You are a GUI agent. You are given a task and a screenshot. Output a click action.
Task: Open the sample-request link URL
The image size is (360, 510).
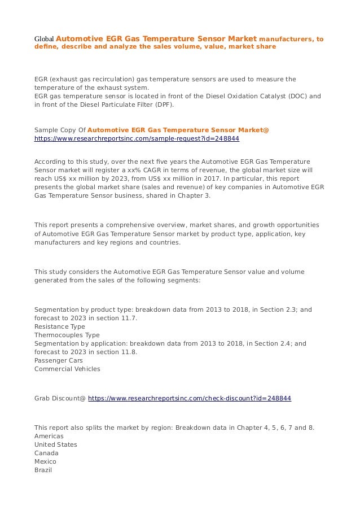point(137,138)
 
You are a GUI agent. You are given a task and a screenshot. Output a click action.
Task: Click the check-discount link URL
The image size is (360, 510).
point(190,398)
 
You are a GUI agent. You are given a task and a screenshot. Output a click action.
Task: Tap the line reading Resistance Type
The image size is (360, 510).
point(60,326)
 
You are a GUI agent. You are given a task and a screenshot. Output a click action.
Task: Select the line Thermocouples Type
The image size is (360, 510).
point(67,335)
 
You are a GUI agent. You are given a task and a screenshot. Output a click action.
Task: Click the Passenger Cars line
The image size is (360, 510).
point(59,360)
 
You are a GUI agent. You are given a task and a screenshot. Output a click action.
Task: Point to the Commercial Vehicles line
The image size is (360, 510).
point(67,369)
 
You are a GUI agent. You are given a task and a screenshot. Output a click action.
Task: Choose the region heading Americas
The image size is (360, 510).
point(49,436)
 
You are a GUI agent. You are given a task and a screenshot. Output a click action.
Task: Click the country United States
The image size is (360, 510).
point(56,444)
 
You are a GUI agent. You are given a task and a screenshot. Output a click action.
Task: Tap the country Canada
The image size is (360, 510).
point(46,453)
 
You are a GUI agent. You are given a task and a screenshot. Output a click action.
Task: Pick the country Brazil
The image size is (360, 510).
point(43,470)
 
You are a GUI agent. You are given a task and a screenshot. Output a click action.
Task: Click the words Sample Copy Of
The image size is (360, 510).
point(60,130)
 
